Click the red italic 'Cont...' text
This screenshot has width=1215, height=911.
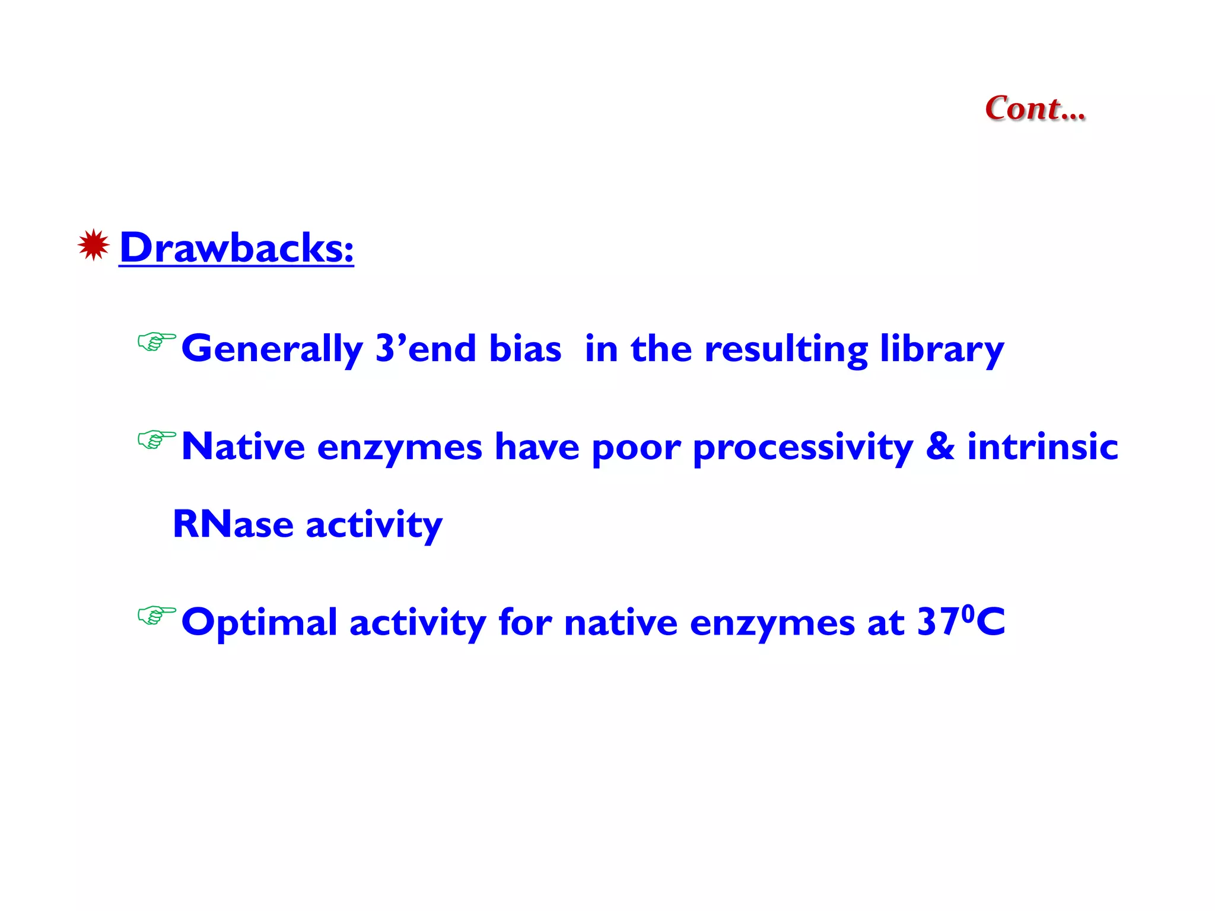pyautogui.click(x=1035, y=109)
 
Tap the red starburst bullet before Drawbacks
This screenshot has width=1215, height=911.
pyautogui.click(x=93, y=245)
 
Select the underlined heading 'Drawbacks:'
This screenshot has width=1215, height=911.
pyautogui.click(x=236, y=247)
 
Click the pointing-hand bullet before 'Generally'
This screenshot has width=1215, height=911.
pyautogui.click(x=156, y=342)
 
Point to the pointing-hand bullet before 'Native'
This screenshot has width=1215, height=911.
pyautogui.click(x=156, y=440)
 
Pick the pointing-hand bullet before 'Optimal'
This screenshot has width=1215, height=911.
pyautogui.click(x=156, y=616)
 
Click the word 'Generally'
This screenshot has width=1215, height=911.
pyautogui.click(x=272, y=349)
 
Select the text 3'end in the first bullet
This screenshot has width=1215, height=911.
pyautogui.click(x=426, y=348)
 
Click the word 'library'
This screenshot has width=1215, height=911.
pyautogui.click(x=942, y=349)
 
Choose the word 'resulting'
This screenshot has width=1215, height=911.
pyautogui.click(x=785, y=349)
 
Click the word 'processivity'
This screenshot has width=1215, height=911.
pyautogui.click(x=803, y=448)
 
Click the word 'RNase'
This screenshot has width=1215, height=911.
pyautogui.click(x=233, y=524)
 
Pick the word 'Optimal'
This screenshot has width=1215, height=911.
pyautogui.click(x=259, y=623)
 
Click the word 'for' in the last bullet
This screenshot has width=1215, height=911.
pyautogui.click(x=524, y=622)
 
